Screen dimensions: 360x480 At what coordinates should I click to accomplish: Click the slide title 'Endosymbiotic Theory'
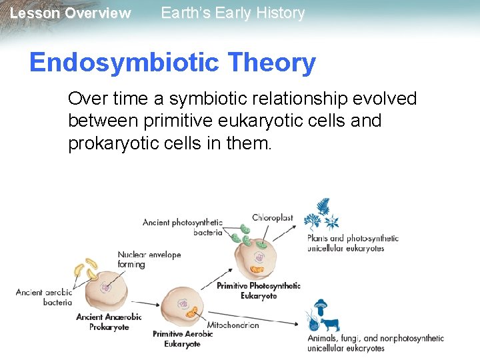coord(172,63)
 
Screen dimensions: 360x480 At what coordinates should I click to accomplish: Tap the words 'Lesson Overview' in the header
coord(71,13)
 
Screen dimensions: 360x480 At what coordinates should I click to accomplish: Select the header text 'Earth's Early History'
coord(233,13)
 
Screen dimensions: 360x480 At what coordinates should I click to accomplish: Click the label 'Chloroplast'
coord(272,218)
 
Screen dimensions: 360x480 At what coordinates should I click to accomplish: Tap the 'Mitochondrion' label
coord(233,325)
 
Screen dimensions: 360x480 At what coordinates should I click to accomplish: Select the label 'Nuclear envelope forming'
coord(149,259)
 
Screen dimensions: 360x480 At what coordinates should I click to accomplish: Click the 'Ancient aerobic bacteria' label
coord(44,297)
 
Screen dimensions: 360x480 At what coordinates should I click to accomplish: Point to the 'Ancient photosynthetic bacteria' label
coord(183,227)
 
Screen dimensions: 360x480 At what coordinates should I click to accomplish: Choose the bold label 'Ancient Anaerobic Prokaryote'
coord(108,322)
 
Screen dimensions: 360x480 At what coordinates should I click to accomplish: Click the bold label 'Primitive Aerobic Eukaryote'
coord(183,339)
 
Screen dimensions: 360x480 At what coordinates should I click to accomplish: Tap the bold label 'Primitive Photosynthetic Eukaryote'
coord(259,291)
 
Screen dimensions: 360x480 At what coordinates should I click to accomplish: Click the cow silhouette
coord(329,324)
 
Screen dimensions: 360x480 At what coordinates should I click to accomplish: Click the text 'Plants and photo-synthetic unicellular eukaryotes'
coord(352,243)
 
